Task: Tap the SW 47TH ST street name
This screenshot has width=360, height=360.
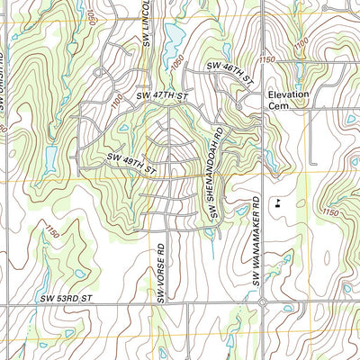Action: (161, 94)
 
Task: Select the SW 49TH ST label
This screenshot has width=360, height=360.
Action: (131, 162)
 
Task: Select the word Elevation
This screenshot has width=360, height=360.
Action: (287, 94)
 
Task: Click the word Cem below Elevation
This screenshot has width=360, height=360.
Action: (276, 105)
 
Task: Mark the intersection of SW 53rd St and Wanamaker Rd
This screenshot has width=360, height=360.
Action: (262, 302)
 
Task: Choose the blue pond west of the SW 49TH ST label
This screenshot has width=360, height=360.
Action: (49, 160)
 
